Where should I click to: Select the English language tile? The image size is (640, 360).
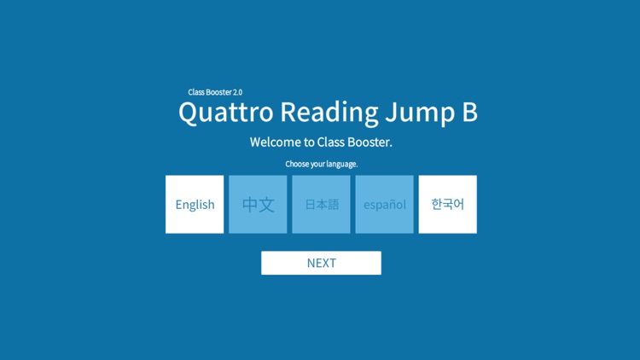[195, 205]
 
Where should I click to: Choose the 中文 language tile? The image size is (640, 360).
[258, 205]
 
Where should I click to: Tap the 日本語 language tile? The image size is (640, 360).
[322, 205]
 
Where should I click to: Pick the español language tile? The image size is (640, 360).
[385, 205]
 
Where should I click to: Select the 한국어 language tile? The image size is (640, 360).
[448, 205]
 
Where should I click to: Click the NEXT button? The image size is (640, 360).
[321, 263]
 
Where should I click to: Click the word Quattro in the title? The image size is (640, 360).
[225, 113]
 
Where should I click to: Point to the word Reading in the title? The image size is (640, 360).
[329, 113]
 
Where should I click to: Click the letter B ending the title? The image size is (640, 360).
[468, 112]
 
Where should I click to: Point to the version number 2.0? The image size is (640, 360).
[237, 92]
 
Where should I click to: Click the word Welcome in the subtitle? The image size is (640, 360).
[276, 142]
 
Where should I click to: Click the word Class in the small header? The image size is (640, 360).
[197, 92]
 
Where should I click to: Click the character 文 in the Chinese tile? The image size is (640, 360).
[266, 205]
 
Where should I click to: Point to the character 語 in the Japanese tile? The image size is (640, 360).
[333, 205]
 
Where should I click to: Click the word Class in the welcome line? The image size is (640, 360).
[330, 142]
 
